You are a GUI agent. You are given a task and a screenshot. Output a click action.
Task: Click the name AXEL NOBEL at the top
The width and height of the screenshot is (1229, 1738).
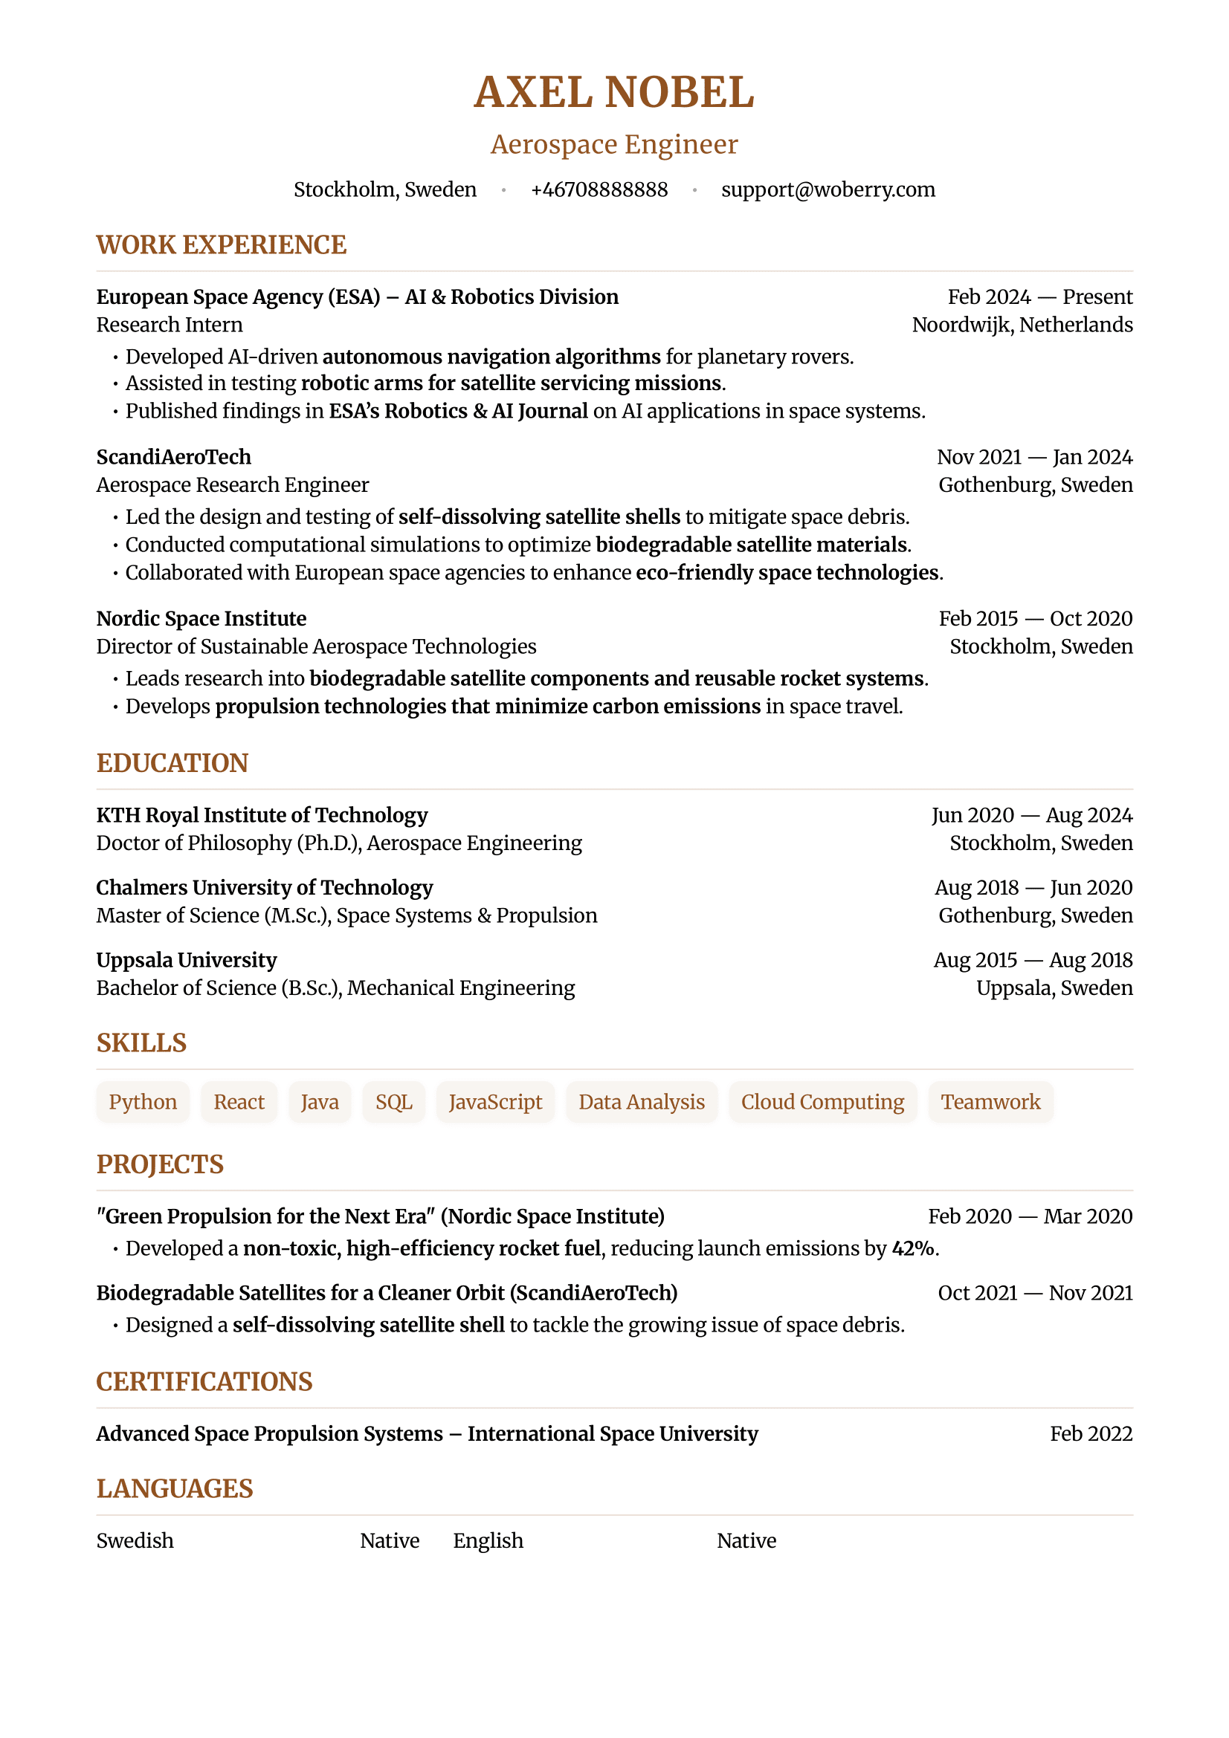click(x=613, y=92)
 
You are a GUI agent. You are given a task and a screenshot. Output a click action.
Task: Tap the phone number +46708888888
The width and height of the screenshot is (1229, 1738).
click(x=599, y=189)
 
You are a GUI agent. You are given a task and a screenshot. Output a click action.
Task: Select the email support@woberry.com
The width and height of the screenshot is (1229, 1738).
click(x=828, y=189)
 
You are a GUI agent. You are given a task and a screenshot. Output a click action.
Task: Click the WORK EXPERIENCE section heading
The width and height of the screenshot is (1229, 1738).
click(x=221, y=245)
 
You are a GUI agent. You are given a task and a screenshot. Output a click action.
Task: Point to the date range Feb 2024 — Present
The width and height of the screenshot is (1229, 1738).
click(x=1039, y=296)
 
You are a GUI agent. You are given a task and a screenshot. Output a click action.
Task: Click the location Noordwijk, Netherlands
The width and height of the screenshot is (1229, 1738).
click(x=1022, y=325)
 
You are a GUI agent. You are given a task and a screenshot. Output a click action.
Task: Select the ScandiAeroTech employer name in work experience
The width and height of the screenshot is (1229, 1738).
click(x=173, y=457)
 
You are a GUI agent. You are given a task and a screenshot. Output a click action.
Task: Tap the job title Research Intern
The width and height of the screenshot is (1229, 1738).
click(x=170, y=325)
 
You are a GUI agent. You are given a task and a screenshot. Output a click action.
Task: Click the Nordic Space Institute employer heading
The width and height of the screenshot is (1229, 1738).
click(x=201, y=618)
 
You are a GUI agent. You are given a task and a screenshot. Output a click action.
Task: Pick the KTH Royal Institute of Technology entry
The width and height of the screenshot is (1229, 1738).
click(x=262, y=815)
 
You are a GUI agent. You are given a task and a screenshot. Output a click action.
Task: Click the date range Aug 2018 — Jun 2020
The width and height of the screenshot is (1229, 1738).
click(x=1033, y=887)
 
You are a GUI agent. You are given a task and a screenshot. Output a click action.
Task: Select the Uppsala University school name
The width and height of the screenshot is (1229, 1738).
click(x=187, y=960)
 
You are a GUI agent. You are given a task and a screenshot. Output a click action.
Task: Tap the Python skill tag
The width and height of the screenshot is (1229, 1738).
click(x=142, y=1102)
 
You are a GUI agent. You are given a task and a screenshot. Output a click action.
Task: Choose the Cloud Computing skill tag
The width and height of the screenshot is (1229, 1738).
click(x=822, y=1102)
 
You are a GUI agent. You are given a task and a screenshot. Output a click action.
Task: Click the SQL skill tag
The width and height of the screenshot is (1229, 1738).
click(x=394, y=1102)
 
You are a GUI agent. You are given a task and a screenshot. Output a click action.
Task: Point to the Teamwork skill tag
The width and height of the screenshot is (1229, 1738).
click(x=990, y=1102)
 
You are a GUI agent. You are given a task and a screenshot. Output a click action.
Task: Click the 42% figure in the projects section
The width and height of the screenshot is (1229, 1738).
click(x=912, y=1248)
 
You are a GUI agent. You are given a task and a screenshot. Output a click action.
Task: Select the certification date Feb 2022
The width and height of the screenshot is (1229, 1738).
click(x=1091, y=1433)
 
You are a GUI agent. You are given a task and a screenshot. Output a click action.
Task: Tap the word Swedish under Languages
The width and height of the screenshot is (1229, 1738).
click(x=135, y=1540)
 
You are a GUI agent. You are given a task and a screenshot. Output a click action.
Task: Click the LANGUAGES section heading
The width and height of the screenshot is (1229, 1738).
click(x=174, y=1488)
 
